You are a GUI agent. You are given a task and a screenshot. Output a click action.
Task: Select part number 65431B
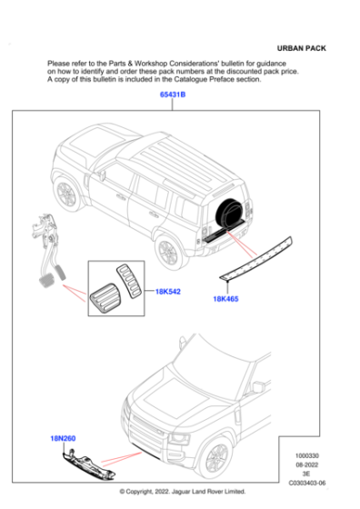point(173,95)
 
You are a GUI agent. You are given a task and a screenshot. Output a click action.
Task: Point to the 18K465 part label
point(225,298)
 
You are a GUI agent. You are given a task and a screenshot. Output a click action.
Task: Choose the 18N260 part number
point(63,439)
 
